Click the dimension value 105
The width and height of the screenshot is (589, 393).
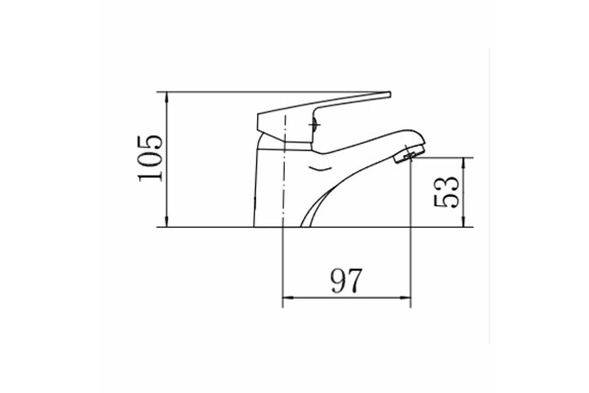pos(150,159)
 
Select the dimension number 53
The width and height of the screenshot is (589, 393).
pos(446,192)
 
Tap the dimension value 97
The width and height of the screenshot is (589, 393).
pos(347,281)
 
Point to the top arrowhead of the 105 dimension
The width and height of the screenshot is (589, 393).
pos(167,98)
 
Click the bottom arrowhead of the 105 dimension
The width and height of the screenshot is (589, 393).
pos(167,221)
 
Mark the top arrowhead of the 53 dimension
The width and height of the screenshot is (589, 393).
pos(464,164)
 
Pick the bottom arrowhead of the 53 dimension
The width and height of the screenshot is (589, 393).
pos(464,221)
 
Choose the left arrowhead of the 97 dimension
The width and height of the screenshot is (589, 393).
pos(288,298)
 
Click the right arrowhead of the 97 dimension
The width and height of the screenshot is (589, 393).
pos(405,298)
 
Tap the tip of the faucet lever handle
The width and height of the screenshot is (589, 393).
pos(390,94)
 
